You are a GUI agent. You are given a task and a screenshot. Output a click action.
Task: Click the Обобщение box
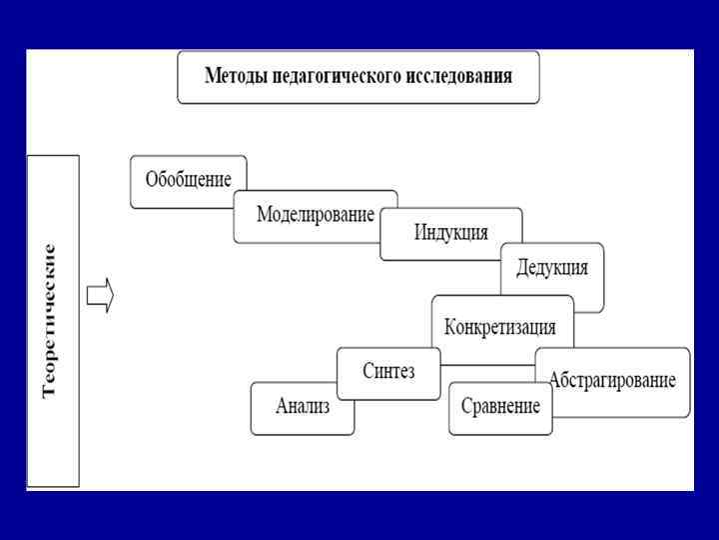pyautogui.click(x=188, y=181)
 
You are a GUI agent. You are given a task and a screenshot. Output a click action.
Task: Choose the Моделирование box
pyautogui.click(x=316, y=215)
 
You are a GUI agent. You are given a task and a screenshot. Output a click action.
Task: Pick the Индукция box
pyautogui.click(x=451, y=233)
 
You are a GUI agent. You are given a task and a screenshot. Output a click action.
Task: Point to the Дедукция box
pyautogui.click(x=552, y=268)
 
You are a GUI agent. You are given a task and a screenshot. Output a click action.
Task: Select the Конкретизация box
pyautogui.click(x=501, y=327)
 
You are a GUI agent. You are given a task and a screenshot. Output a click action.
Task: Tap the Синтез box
pyautogui.click(x=388, y=372)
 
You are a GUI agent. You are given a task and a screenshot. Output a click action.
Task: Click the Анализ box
pyautogui.click(x=303, y=407)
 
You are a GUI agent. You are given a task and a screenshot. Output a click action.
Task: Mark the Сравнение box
pyautogui.click(x=500, y=407)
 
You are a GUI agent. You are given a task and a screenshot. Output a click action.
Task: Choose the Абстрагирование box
pyautogui.click(x=612, y=381)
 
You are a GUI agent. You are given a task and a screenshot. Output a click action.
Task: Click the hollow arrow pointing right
pyautogui.click(x=101, y=296)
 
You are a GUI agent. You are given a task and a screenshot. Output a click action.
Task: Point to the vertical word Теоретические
pyautogui.click(x=51, y=320)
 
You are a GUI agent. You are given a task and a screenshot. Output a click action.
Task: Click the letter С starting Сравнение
pyautogui.click(x=466, y=407)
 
